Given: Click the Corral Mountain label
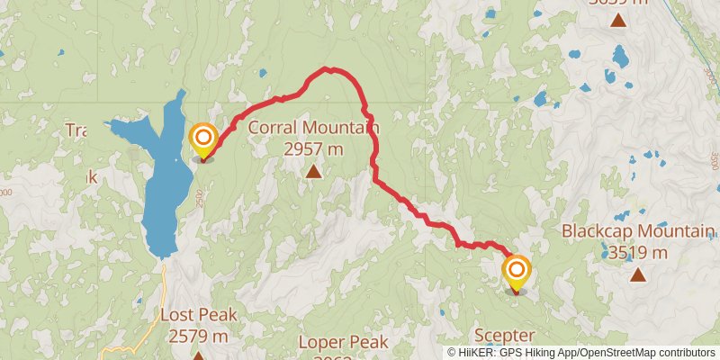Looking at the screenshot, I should (313, 128).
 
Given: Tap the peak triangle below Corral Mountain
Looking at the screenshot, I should (313, 171).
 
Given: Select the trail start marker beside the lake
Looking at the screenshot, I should (204, 139).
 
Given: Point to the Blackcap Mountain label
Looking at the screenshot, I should (637, 231).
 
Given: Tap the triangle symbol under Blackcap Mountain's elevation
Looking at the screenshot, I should (637, 274).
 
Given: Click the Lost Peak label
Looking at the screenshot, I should (198, 315).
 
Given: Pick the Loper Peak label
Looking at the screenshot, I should (343, 342).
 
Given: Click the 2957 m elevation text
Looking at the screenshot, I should (313, 148).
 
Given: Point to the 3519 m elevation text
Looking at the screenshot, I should (637, 253).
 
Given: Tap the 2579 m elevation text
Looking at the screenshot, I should (198, 336).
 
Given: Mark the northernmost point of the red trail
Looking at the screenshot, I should (329, 68).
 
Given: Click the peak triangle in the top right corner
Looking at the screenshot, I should (617, 20).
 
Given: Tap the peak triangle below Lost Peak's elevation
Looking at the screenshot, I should (198, 355).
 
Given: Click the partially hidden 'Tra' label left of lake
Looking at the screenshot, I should (76, 130).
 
